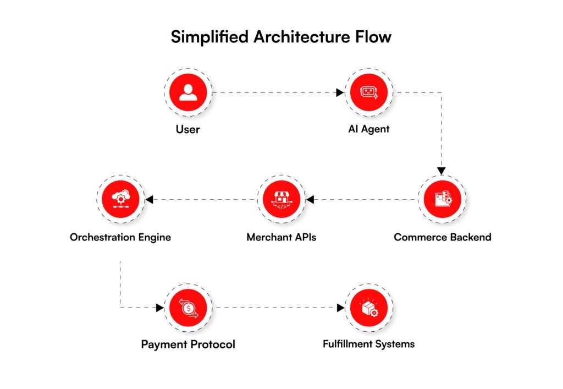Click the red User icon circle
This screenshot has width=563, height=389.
(x=188, y=92)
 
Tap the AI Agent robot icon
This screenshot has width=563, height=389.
(x=368, y=92)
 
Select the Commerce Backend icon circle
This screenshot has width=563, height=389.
(x=442, y=199)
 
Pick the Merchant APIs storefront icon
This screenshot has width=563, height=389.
(x=281, y=199)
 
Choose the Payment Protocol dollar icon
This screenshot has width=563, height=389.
(x=188, y=307)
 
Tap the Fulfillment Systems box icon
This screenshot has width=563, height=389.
(x=368, y=307)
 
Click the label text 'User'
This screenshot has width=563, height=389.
(x=188, y=130)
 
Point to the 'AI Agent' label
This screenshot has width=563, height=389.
(x=368, y=130)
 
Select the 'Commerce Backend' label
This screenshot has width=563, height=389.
(x=443, y=238)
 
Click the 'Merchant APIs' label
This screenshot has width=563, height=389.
(x=281, y=238)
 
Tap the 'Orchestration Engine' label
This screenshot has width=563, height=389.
(x=120, y=238)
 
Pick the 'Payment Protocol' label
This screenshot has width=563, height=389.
(x=188, y=344)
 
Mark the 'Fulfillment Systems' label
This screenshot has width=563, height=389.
(x=368, y=344)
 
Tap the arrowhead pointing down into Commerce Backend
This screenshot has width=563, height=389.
(x=441, y=171)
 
